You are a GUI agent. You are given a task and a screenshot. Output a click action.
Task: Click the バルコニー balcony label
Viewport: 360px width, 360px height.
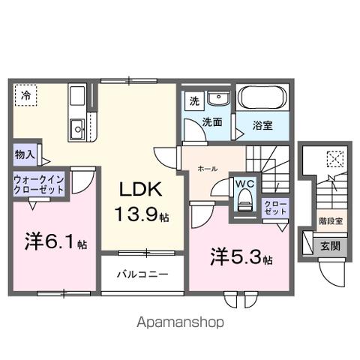(x=142, y=274)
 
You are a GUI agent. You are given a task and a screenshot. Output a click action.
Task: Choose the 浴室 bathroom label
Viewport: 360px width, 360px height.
(x=262, y=124)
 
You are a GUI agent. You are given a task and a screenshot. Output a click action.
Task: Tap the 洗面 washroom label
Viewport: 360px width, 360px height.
(x=211, y=121)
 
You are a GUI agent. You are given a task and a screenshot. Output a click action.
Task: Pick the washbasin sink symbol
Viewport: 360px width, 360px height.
(x=219, y=100)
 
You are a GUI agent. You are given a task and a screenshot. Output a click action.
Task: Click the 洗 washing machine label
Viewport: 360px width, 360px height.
(x=193, y=101)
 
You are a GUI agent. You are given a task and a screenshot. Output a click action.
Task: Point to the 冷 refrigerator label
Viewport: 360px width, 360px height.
(x=25, y=96)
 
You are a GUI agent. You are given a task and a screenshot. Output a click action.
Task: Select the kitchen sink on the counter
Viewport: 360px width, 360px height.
(x=77, y=130)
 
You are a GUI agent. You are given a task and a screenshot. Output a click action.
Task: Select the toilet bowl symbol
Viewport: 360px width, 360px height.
(x=244, y=201)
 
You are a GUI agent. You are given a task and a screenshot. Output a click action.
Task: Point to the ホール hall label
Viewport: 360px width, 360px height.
(x=208, y=170)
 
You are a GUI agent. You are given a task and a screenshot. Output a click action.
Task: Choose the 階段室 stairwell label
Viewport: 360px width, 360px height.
(x=330, y=221)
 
